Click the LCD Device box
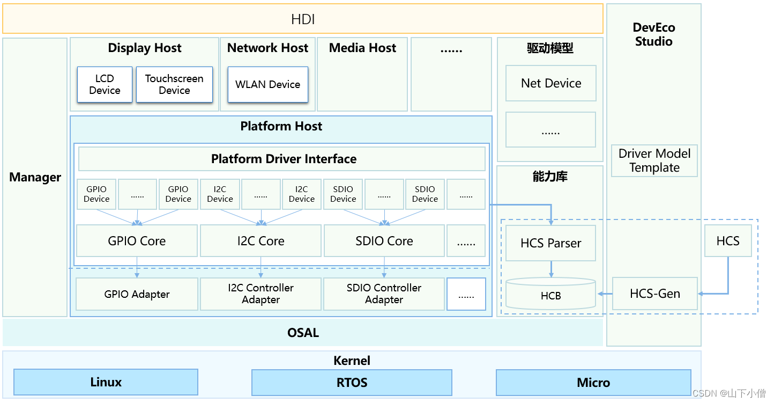click(x=105, y=85)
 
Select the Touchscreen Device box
click(x=174, y=85)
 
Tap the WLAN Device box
click(x=268, y=85)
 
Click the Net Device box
click(x=551, y=83)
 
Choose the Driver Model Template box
click(x=654, y=160)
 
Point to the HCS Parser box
click(x=551, y=243)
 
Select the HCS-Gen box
click(x=655, y=294)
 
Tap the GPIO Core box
click(x=137, y=241)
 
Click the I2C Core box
click(x=261, y=241)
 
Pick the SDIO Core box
click(x=384, y=241)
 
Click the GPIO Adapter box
click(x=137, y=294)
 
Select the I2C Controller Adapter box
click(x=261, y=294)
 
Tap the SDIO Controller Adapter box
click(x=384, y=294)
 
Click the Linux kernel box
click(x=106, y=382)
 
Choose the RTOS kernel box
click(x=352, y=382)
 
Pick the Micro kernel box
click(x=593, y=382)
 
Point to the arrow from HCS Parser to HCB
click(x=551, y=269)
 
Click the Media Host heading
click(x=362, y=48)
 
